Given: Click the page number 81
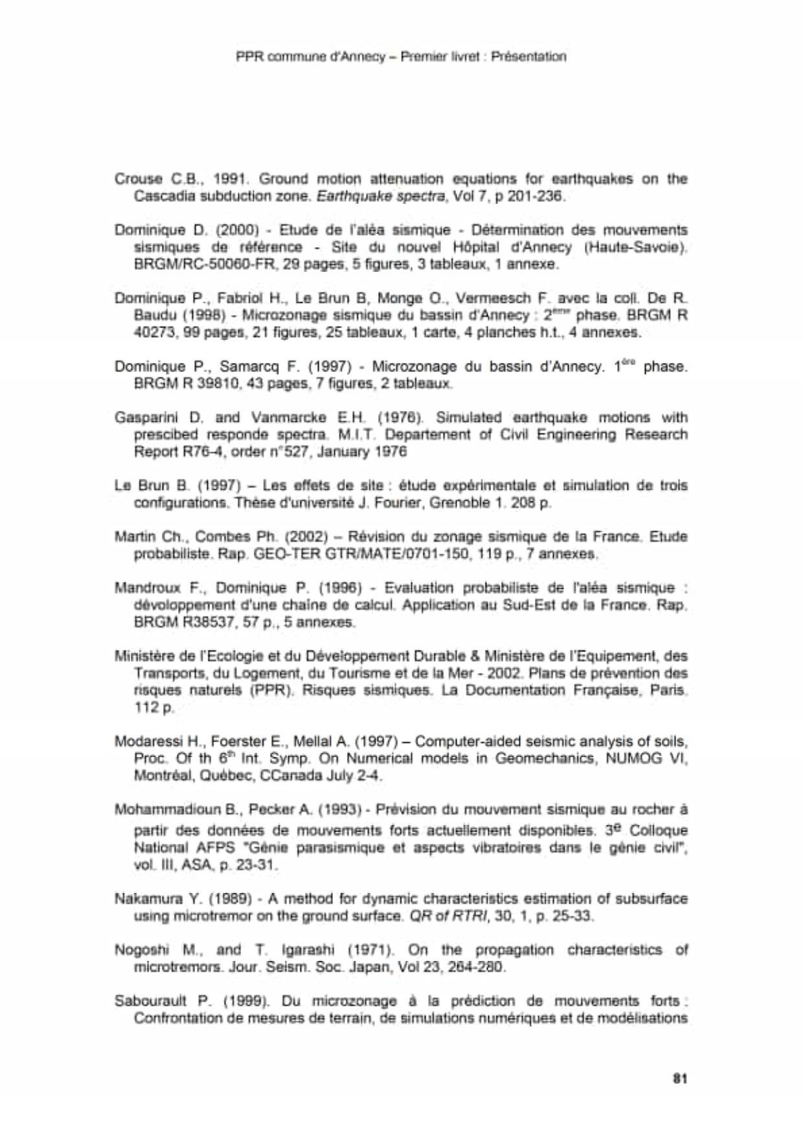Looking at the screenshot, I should click(x=679, y=1078).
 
